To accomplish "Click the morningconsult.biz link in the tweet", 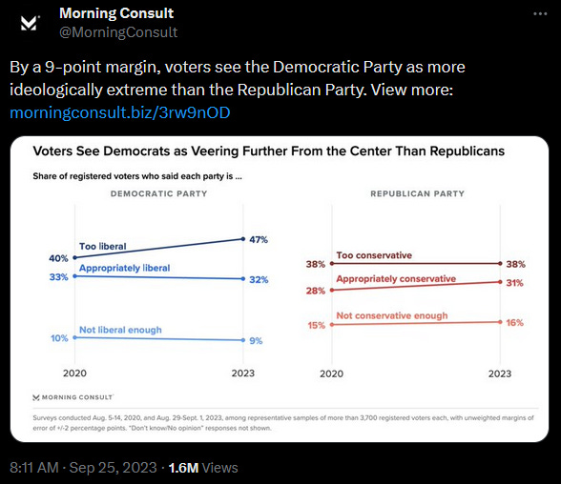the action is coord(120,112).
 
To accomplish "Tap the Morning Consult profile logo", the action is coord(29,24).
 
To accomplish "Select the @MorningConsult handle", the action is coord(118,32).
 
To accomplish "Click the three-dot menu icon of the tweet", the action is coord(540,14).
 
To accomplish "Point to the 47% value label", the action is coord(259,240).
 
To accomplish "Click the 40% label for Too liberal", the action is coord(58,258).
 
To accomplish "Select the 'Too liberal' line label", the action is coord(103,246).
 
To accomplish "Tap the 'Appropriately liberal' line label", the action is coord(124,268).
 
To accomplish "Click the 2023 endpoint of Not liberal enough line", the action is coord(243,340).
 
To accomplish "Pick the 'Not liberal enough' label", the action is coord(120,330).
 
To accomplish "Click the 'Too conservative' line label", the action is coord(374,255).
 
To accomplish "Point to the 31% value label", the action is coord(514,283).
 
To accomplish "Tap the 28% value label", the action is coord(315,291).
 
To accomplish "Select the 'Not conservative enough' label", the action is coord(392,315).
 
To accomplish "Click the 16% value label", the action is coord(514,323).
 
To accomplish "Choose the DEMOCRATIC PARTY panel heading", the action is coord(158,193).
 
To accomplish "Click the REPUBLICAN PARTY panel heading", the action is coord(417,193).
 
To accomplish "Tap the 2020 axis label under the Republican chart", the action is coord(331,373).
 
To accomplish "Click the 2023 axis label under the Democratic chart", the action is coord(243,373).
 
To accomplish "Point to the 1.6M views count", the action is coord(183,468).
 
